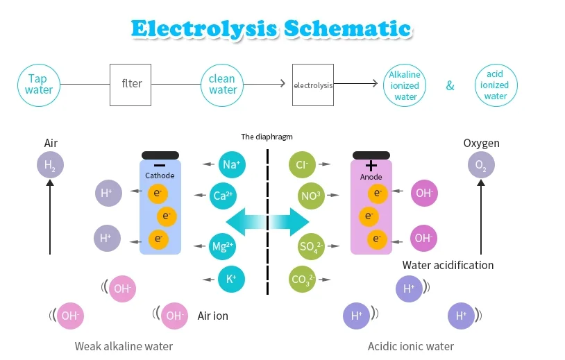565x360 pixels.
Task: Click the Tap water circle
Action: pyautogui.click(x=39, y=85)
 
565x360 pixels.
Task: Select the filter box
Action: pyautogui.click(x=130, y=85)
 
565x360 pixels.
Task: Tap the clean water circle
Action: pyautogui.click(x=222, y=85)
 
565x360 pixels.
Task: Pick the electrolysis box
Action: pyautogui.click(x=313, y=85)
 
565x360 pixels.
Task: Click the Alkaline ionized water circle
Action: pyautogui.click(x=405, y=85)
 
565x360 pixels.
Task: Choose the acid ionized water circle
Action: pyautogui.click(x=496, y=85)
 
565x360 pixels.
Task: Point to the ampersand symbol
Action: pyautogui.click(x=450, y=86)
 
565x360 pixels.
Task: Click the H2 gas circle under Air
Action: pyautogui.click(x=50, y=165)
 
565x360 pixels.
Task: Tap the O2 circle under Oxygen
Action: pyautogui.click(x=481, y=165)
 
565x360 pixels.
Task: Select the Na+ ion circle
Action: pyautogui.click(x=232, y=164)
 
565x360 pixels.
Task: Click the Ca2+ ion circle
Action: pyautogui.click(x=223, y=196)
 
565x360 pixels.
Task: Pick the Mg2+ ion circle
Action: pyautogui.click(x=222, y=247)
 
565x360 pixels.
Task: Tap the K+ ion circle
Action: pyautogui.click(x=231, y=279)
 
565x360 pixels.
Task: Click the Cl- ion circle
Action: pyautogui.click(x=302, y=164)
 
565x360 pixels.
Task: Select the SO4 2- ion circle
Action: pyautogui.click(x=312, y=247)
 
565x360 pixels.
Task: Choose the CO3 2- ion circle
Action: pyautogui.click(x=302, y=280)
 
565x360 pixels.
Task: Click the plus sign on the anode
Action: pyautogui.click(x=371, y=166)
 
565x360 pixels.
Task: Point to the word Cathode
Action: pyautogui.click(x=160, y=175)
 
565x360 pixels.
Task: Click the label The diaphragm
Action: pyautogui.click(x=267, y=137)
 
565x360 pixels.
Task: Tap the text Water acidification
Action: pyautogui.click(x=448, y=266)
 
